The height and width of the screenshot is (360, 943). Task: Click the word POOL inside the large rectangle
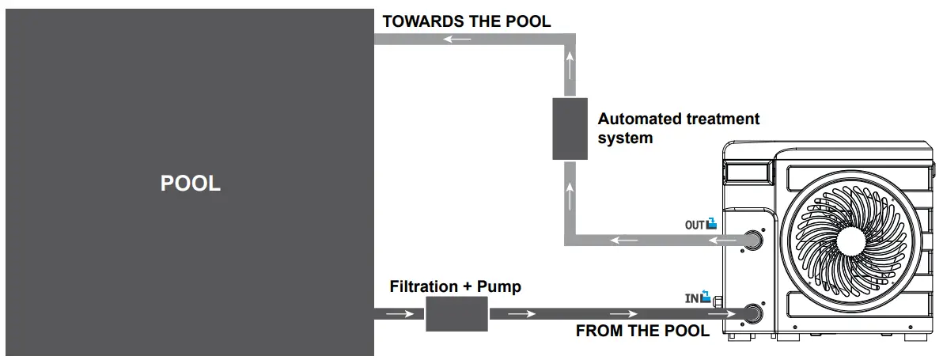[x=190, y=184]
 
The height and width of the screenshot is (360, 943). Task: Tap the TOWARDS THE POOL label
[x=467, y=21]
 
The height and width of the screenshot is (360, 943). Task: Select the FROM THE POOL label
[x=642, y=331]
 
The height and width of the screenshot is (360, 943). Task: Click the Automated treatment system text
[x=678, y=128]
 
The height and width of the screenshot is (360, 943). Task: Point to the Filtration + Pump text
[x=455, y=286]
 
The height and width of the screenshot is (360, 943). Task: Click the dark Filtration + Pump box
[x=457, y=314]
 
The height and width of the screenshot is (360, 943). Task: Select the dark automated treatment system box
[x=570, y=128]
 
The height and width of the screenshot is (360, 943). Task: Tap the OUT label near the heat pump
[x=694, y=225]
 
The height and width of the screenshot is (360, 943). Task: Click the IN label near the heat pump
[x=693, y=299]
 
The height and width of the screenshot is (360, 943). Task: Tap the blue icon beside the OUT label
[x=711, y=224]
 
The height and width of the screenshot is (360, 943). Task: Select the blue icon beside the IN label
[x=706, y=298]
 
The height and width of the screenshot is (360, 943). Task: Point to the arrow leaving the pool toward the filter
[x=400, y=314]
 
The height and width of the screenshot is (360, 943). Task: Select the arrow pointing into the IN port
[x=725, y=314]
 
